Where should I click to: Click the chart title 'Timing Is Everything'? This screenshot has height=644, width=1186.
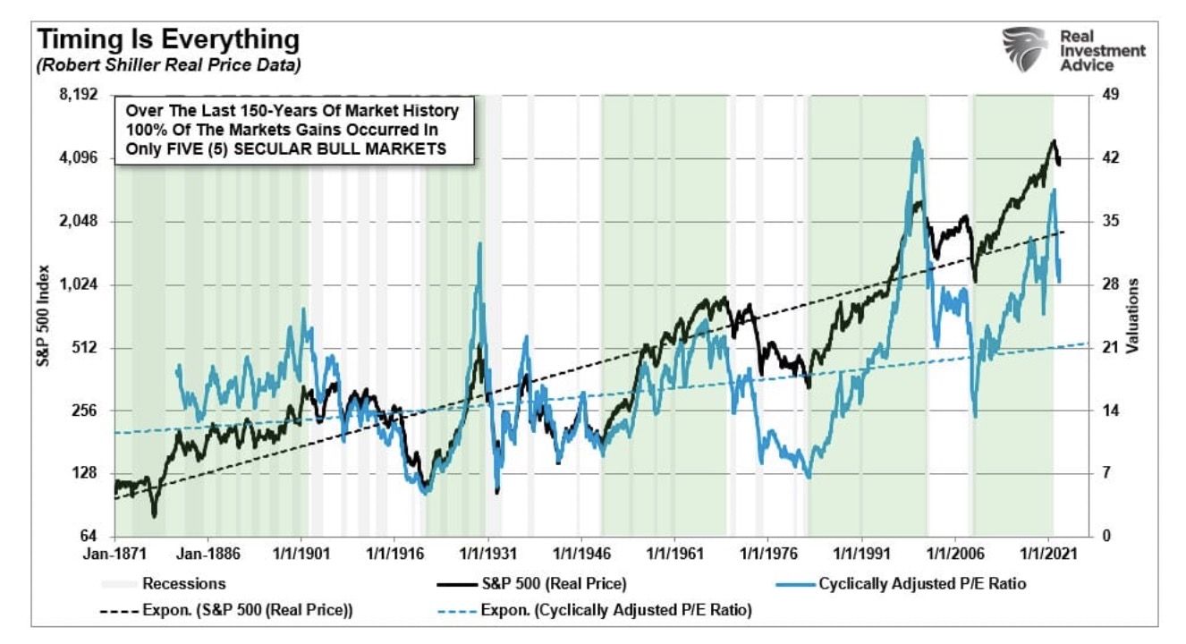click(x=166, y=39)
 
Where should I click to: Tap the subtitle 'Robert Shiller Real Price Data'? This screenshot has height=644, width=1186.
click(x=168, y=64)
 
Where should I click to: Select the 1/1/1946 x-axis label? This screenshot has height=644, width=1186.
click(x=580, y=553)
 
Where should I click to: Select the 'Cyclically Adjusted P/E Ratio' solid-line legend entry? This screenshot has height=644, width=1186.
click(x=911, y=584)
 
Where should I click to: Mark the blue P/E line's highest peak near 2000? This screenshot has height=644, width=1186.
click(x=916, y=140)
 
